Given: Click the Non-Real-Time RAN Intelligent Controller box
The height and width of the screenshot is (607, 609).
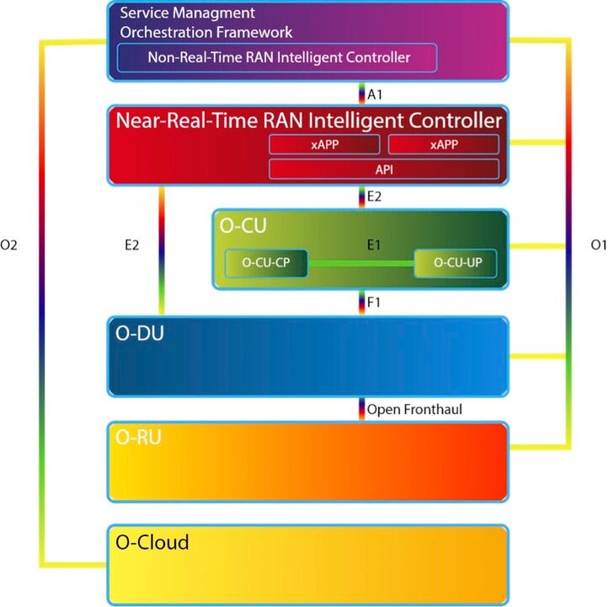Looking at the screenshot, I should pyautogui.click(x=278, y=58).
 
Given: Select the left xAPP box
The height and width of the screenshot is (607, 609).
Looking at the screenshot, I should pyautogui.click(x=324, y=144).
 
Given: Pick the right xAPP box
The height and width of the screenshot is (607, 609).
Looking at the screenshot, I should pyautogui.click(x=444, y=144).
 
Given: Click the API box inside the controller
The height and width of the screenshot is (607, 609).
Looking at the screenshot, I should pyautogui.click(x=384, y=169).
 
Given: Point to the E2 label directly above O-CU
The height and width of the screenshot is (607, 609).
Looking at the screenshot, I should pyautogui.click(x=376, y=197).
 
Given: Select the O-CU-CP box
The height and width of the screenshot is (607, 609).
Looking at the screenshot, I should pyautogui.click(x=265, y=262).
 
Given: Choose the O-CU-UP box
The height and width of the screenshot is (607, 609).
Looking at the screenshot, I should pyautogui.click(x=456, y=262).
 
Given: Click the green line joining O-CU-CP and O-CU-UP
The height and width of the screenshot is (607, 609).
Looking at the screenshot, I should pyautogui.click(x=361, y=263).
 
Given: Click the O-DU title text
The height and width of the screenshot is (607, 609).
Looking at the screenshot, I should pyautogui.click(x=139, y=332).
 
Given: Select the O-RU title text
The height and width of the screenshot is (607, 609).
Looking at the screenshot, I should pyautogui.click(x=138, y=438).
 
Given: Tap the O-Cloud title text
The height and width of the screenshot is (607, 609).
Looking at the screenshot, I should pyautogui.click(x=152, y=541).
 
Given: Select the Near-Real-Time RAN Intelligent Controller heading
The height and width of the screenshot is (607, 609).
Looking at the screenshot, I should pyautogui.click(x=308, y=121).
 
